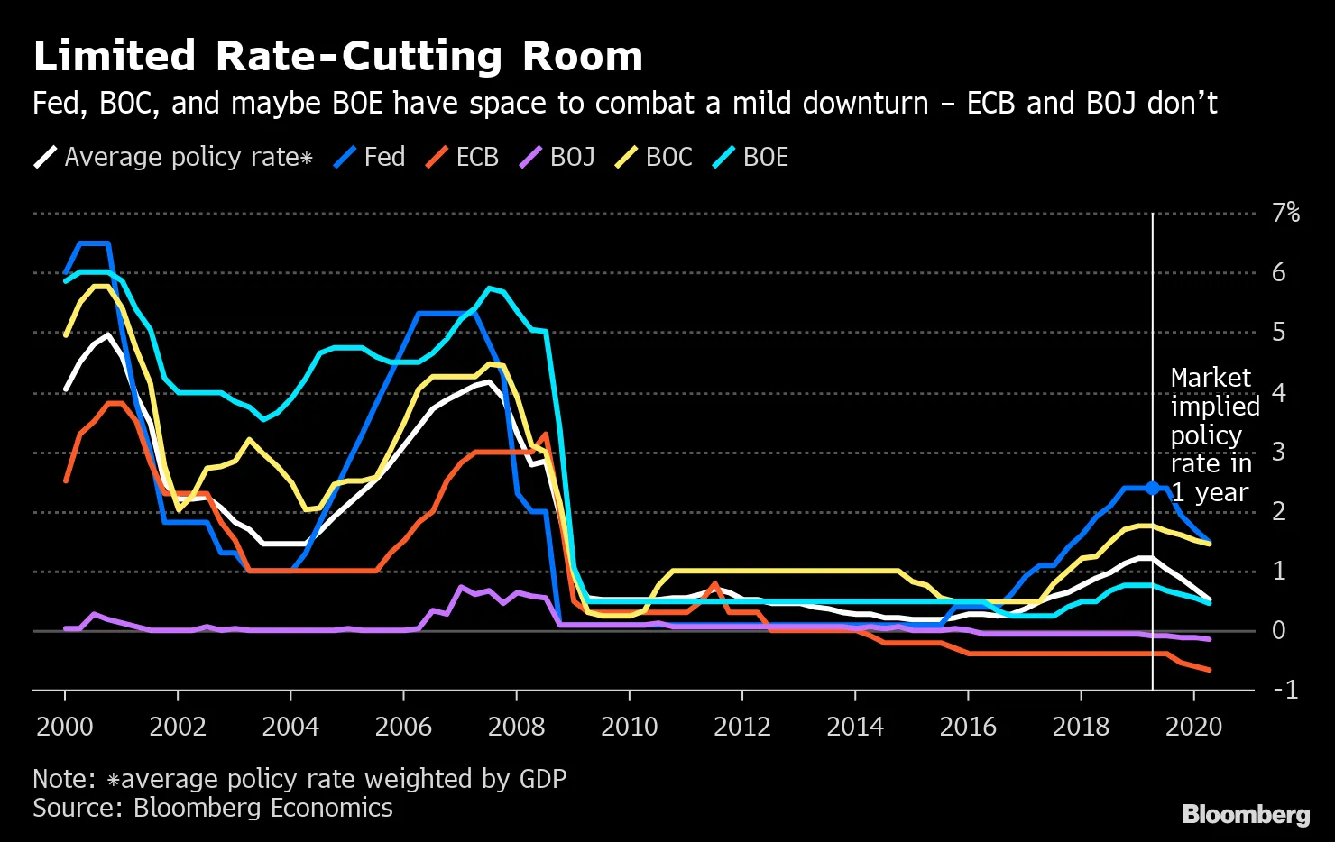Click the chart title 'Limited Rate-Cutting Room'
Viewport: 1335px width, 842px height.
tap(337, 57)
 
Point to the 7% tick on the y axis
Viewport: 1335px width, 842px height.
tap(1285, 214)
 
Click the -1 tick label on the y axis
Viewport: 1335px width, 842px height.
tap(1284, 690)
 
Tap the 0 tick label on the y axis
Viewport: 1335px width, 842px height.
tap(1278, 631)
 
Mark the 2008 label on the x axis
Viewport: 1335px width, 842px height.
tap(516, 727)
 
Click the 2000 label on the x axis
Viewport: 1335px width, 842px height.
tap(65, 727)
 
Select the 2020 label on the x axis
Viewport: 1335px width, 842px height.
tap(1193, 727)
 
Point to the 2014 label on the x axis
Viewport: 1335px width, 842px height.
tap(855, 727)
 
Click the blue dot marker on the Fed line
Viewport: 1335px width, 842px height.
tap(1153, 489)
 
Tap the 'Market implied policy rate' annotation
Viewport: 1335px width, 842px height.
tap(1213, 435)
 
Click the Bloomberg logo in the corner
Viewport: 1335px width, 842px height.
tap(1246, 815)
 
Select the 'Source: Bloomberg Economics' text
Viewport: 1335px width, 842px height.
tap(213, 808)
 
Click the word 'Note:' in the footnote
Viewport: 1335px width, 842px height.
tap(64, 779)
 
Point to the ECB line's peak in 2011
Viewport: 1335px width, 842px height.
tap(714, 584)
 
